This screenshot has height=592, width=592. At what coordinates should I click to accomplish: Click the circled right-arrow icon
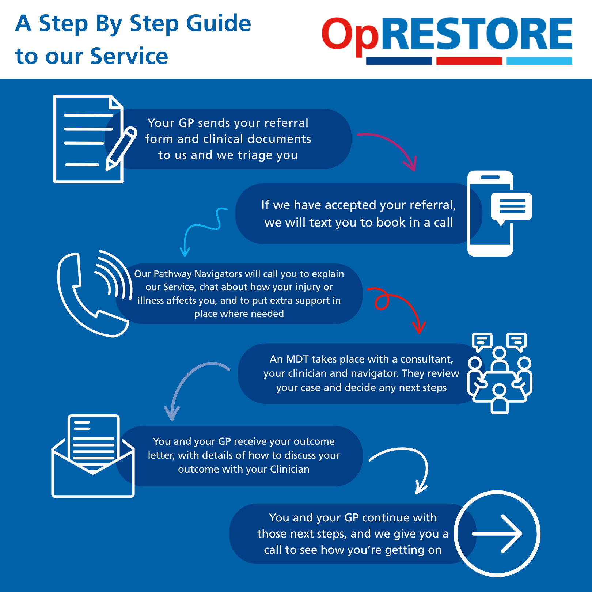[x=497, y=534]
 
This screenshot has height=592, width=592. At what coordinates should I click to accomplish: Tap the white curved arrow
[x=406, y=464]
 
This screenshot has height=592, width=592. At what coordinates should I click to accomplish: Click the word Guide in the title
[x=219, y=23]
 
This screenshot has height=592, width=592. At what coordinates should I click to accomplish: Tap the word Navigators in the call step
[x=218, y=274]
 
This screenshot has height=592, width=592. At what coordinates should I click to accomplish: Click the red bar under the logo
[x=469, y=61]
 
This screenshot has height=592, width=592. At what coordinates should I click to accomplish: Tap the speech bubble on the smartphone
[x=512, y=207]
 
